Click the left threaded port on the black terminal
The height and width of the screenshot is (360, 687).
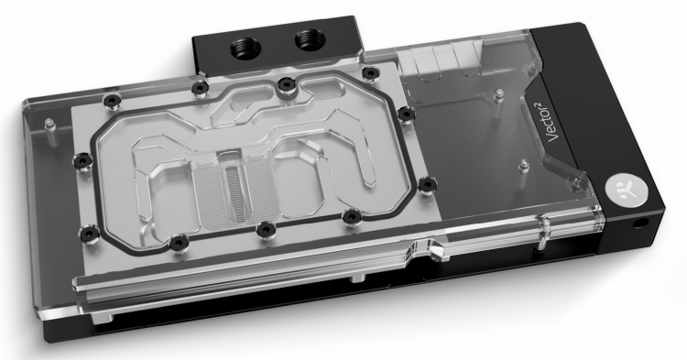point(245,45)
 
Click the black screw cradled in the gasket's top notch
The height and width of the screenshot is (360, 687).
point(285,84)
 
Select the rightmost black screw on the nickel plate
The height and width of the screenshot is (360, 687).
point(427,184)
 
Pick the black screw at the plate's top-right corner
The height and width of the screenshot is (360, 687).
point(370,72)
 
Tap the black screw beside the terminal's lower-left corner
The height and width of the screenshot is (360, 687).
point(200,89)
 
